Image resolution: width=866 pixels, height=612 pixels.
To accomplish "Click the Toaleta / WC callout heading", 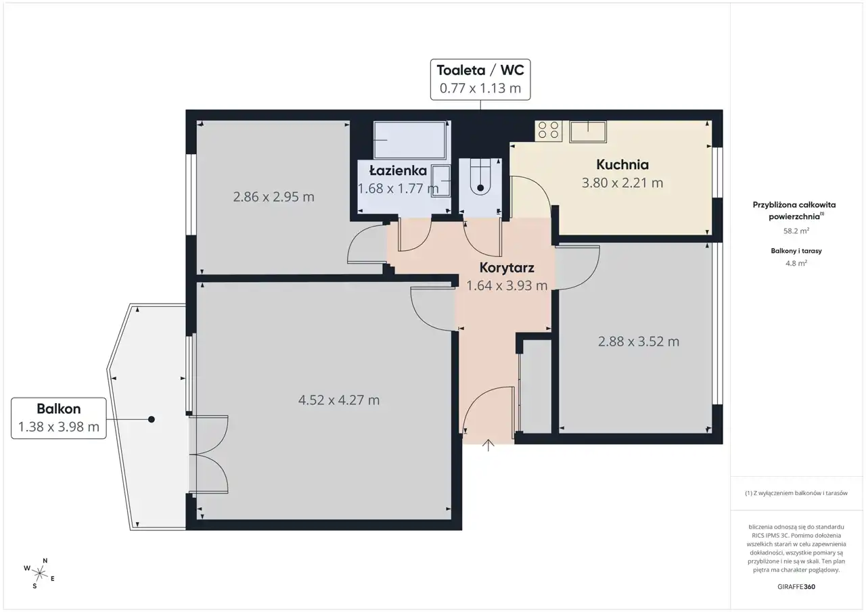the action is (480, 70).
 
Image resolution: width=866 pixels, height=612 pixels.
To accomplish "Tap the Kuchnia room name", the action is (622, 164).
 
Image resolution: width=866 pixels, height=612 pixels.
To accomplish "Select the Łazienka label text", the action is (398, 170).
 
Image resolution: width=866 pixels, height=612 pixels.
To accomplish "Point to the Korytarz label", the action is (507, 267).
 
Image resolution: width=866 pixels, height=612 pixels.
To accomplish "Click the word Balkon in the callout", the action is (59, 408).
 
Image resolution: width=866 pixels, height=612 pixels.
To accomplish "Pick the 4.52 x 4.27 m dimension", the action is (339, 400).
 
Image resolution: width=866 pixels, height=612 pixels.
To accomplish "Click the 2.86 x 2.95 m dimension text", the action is (273, 197).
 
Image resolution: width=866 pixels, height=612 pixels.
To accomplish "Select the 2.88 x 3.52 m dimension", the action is (638, 342).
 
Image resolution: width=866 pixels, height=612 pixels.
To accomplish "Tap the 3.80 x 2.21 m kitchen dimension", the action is (622, 183).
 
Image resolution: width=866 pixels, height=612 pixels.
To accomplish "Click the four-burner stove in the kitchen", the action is (549, 131).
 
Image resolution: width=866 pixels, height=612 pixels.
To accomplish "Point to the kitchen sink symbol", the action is (588, 131).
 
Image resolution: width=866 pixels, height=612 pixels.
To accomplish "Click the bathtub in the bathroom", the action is (410, 140).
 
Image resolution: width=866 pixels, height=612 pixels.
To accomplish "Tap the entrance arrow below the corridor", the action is (488, 445).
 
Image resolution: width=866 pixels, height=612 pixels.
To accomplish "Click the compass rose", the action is (39, 573).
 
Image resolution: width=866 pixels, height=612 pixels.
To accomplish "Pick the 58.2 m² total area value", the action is (796, 231).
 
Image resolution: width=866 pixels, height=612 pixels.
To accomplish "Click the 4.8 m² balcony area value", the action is (796, 264).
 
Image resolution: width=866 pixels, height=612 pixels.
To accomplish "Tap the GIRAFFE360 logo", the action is (796, 586).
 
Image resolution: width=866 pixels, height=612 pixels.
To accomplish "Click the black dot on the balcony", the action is (152, 419).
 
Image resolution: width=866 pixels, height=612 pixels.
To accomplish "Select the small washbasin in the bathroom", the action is (441, 181).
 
